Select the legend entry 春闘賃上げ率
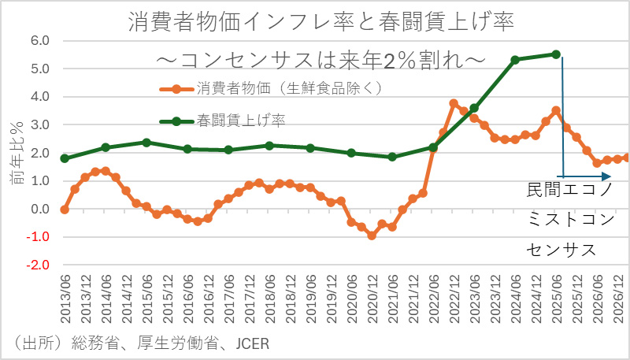coord(241,121)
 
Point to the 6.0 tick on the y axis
coord(39,41)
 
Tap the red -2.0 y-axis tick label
coord(38,265)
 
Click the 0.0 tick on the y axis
coord(39,210)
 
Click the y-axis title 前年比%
coord(17,154)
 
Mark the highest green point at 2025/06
coord(556,54)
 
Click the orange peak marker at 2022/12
coord(454,103)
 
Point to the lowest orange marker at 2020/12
coord(372,236)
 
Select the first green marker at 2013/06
coord(65,158)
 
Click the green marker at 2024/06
coord(515,60)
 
